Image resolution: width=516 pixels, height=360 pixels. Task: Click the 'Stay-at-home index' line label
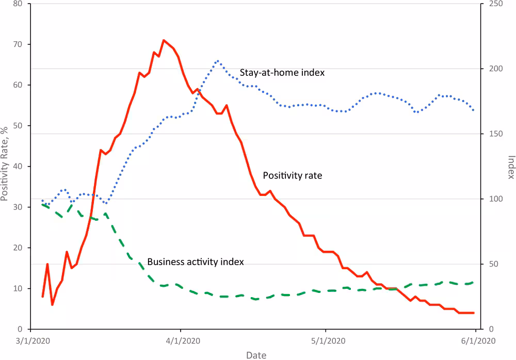(x=282, y=73)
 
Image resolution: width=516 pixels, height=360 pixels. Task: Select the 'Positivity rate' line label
(x=293, y=176)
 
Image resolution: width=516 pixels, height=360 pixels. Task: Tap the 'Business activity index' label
(x=196, y=262)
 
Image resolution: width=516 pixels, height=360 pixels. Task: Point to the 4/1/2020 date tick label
(x=180, y=340)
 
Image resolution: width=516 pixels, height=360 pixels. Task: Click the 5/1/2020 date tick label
(x=325, y=340)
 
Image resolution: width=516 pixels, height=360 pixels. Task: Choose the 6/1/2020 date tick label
(x=475, y=340)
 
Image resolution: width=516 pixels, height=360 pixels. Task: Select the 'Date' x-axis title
(x=256, y=355)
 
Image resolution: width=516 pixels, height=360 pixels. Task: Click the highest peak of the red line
(x=164, y=40)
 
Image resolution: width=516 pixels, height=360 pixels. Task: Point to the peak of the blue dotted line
(x=218, y=60)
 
